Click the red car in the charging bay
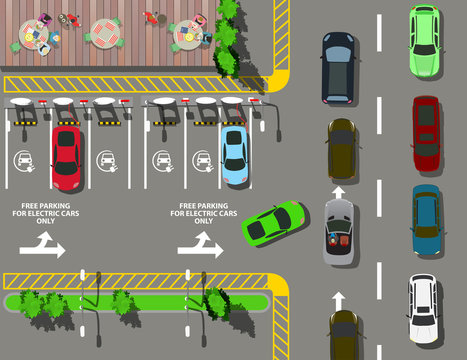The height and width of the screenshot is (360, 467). click(67, 157)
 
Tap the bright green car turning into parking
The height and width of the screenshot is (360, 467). click(273, 224)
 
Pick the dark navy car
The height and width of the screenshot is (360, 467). click(338, 66)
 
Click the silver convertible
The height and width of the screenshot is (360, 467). click(339, 230)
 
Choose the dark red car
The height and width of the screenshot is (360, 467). click(426, 132)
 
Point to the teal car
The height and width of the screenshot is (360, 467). click(426, 220)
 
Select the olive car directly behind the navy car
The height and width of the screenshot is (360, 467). click(342, 149)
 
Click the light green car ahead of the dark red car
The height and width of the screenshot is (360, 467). click(424, 40)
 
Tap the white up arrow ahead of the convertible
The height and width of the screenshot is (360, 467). click(339, 191)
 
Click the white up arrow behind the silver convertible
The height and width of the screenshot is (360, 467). click(339, 298)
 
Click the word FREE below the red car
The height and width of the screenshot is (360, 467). click(31, 206)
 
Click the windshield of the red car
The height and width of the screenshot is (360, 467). click(67, 144)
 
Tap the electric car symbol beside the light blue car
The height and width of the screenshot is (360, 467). click(201, 159)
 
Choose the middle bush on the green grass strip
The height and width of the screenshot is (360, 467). click(123, 301)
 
